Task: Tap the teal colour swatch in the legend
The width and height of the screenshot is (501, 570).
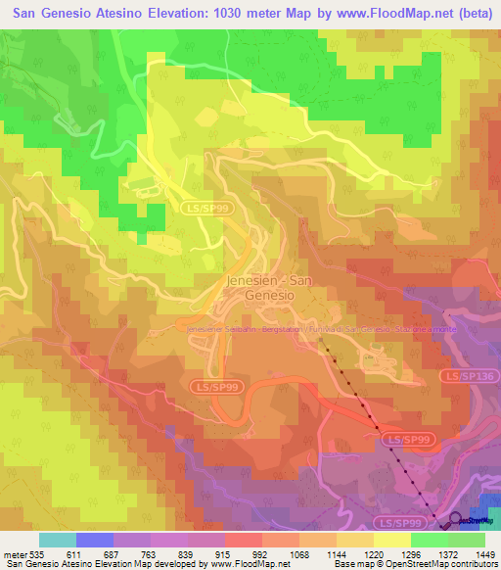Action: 57,540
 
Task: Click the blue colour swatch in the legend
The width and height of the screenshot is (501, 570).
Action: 94,540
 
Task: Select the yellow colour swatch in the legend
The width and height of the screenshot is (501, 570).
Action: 391,540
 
